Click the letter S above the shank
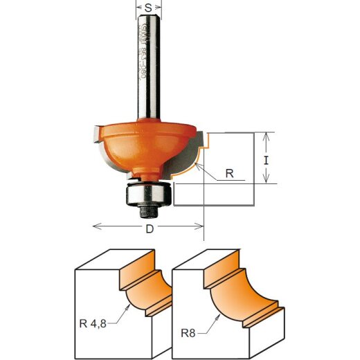147,8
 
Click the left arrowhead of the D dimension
96,226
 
